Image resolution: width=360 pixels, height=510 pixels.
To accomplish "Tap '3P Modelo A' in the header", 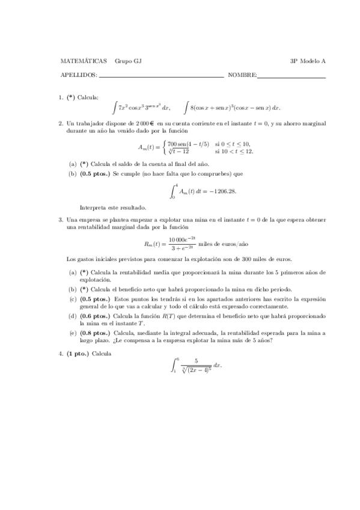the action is (x=308, y=61).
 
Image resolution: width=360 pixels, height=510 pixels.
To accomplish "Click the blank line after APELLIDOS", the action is (x=161, y=76).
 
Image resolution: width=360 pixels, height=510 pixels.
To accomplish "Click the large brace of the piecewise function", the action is (x=164, y=148).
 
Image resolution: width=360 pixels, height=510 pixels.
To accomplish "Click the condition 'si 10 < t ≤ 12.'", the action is (x=233, y=152).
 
